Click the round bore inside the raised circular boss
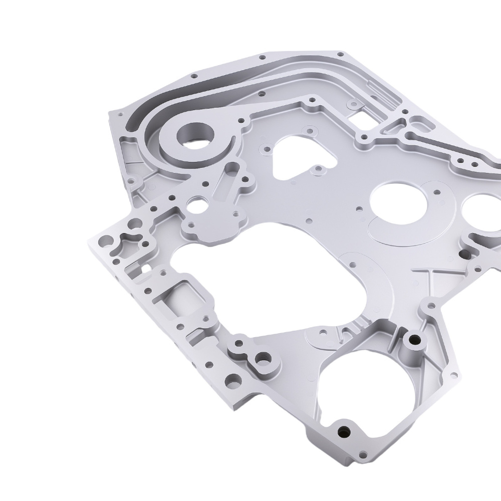click(x=194, y=136)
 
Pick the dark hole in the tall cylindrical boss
click(x=414, y=340)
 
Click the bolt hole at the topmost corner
click(x=341, y=53)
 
